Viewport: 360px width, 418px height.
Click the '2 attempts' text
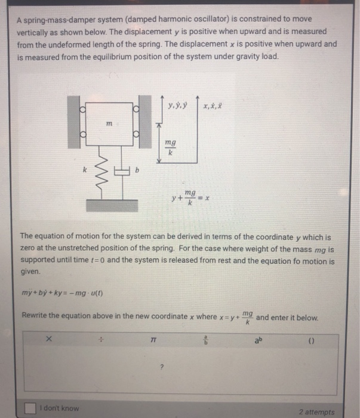(317, 411)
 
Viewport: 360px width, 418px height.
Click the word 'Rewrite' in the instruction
(36, 316)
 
